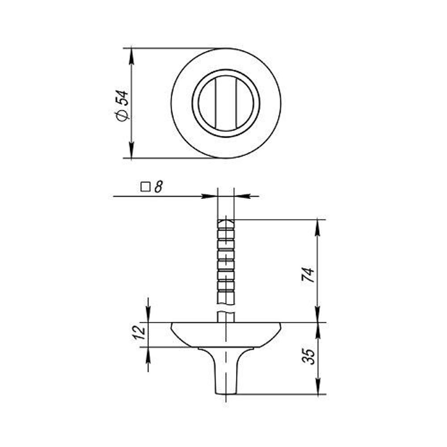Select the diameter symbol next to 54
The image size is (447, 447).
pos(122,114)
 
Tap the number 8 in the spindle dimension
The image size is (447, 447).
pos(158,187)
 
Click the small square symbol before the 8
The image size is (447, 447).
pos(145,187)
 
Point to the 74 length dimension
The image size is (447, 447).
pos(308,275)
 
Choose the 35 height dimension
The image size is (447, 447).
pos(308,356)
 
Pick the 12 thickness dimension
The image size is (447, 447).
pos(139,332)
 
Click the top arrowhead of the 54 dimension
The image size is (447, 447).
pos(131,55)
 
